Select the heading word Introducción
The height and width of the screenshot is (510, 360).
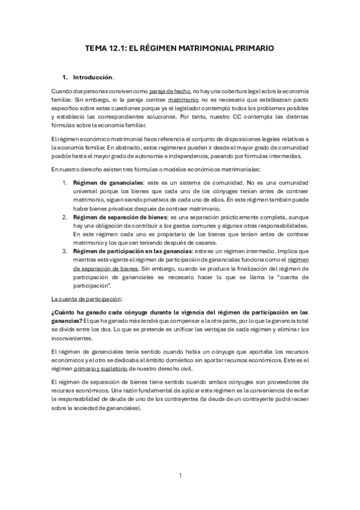[93, 78]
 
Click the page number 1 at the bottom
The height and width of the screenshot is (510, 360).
[180, 476]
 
